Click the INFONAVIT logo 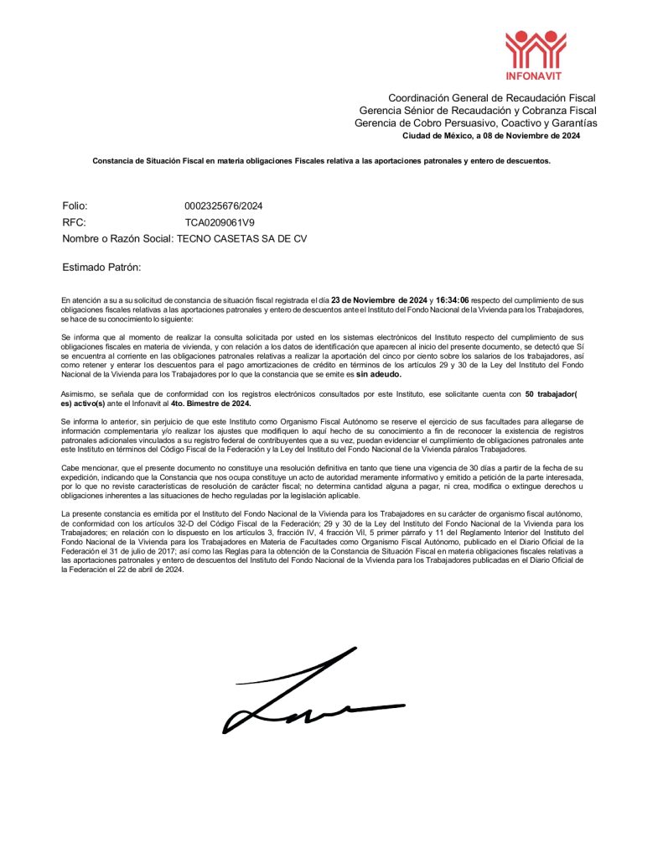536,53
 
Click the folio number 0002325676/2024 223,206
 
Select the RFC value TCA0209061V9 220,222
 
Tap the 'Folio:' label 75,206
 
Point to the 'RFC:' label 74,222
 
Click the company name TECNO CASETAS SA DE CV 241,239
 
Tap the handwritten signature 313,694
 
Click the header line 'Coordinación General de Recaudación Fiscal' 491,99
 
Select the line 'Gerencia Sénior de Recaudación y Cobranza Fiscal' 478,111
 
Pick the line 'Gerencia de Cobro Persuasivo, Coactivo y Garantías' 475,123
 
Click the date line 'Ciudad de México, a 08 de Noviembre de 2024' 491,135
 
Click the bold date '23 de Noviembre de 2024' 379,299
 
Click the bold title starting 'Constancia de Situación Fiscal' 321,160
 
